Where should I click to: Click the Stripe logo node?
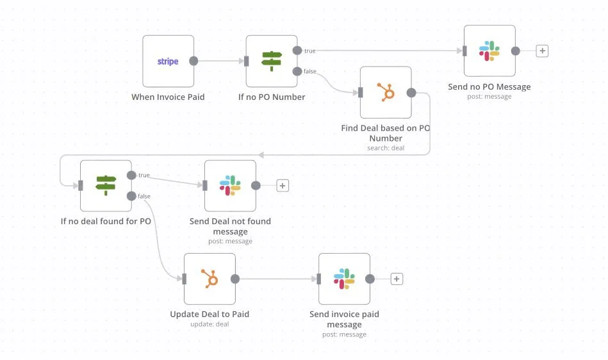(x=168, y=61)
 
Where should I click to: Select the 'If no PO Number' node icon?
(x=272, y=61)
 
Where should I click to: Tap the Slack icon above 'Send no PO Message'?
(x=489, y=51)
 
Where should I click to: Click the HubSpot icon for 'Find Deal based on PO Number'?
(x=386, y=92)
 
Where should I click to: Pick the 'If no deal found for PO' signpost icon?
(x=106, y=186)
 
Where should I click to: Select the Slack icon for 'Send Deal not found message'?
(x=230, y=186)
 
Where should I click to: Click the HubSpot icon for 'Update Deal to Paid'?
(x=210, y=279)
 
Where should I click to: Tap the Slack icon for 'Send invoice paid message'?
(x=344, y=279)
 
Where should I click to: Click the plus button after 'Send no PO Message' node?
(x=542, y=51)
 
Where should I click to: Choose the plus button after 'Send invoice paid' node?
(x=397, y=279)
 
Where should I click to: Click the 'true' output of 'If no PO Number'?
(x=297, y=50)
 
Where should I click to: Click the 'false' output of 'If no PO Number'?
(x=297, y=71)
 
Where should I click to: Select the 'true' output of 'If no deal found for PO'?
(x=131, y=175)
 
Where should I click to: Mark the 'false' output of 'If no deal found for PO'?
(x=131, y=196)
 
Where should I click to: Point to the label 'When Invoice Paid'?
(x=168, y=97)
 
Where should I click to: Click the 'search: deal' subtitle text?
(x=386, y=148)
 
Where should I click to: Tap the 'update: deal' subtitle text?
(x=210, y=324)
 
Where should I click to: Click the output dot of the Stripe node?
(x=193, y=61)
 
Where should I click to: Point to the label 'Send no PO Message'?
(x=489, y=86)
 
